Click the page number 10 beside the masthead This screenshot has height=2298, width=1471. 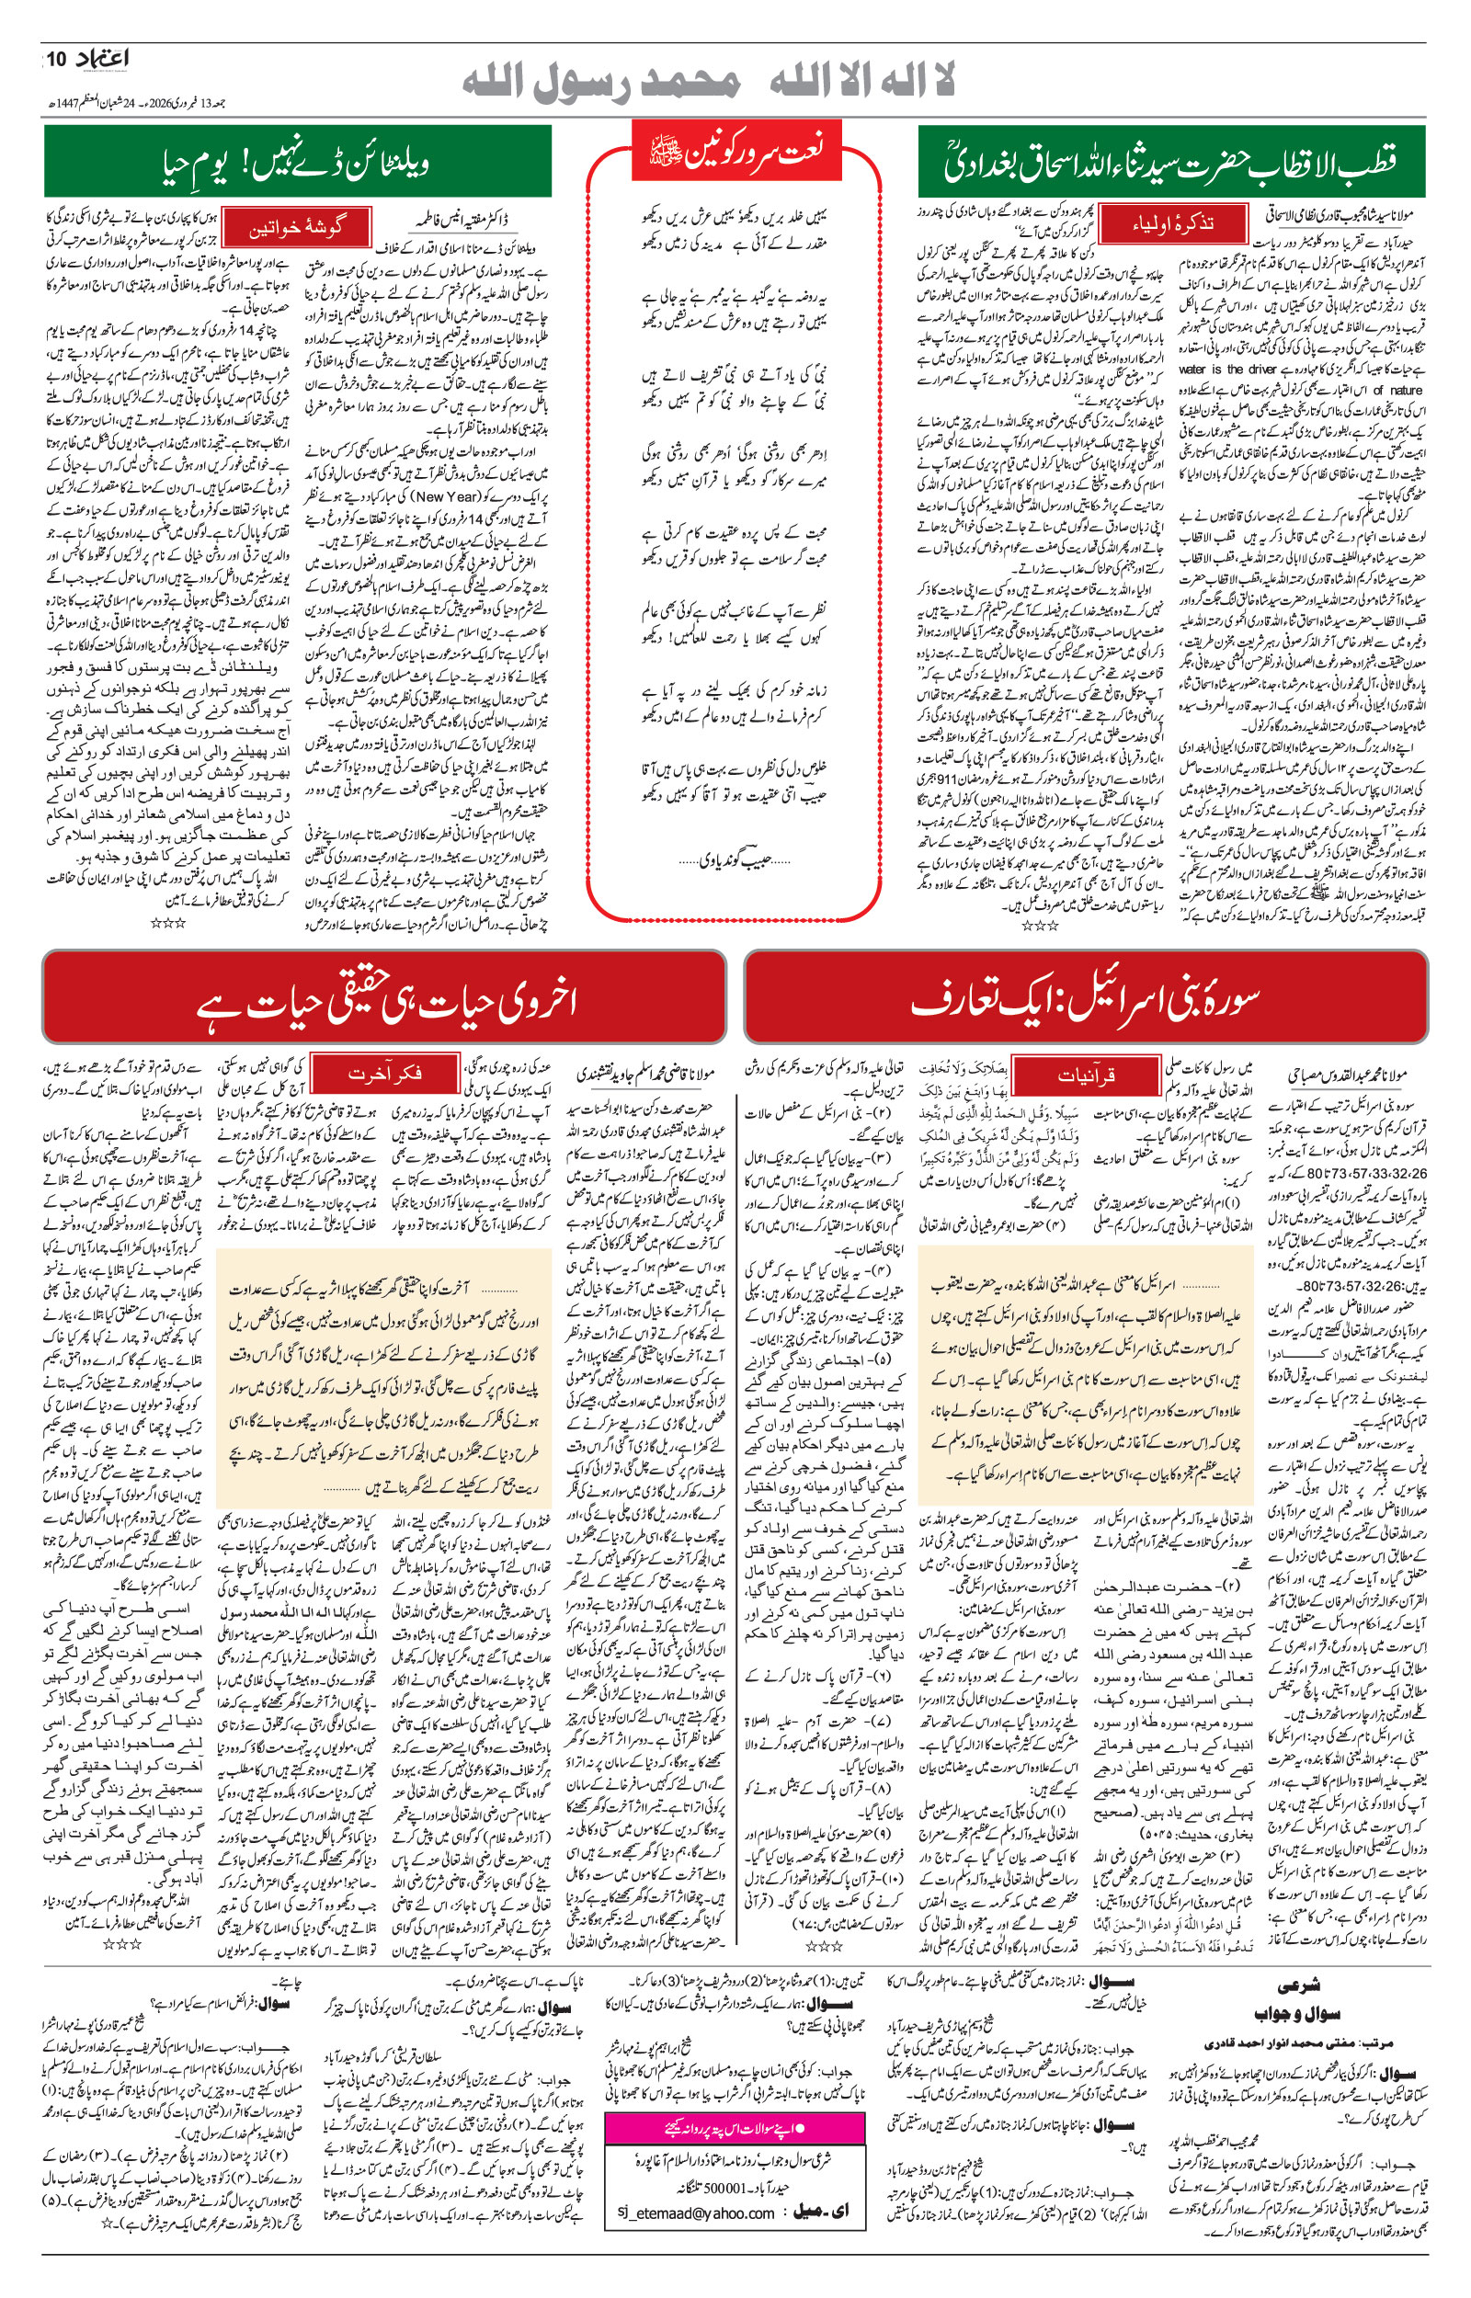[57, 60]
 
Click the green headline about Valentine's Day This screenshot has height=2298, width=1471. [297, 162]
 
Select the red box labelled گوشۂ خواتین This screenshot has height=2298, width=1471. [296, 229]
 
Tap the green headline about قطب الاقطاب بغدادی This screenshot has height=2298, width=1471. [1170, 162]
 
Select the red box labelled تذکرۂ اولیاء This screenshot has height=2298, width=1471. [1172, 224]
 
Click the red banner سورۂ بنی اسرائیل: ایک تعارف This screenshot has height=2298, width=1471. [1084, 996]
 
